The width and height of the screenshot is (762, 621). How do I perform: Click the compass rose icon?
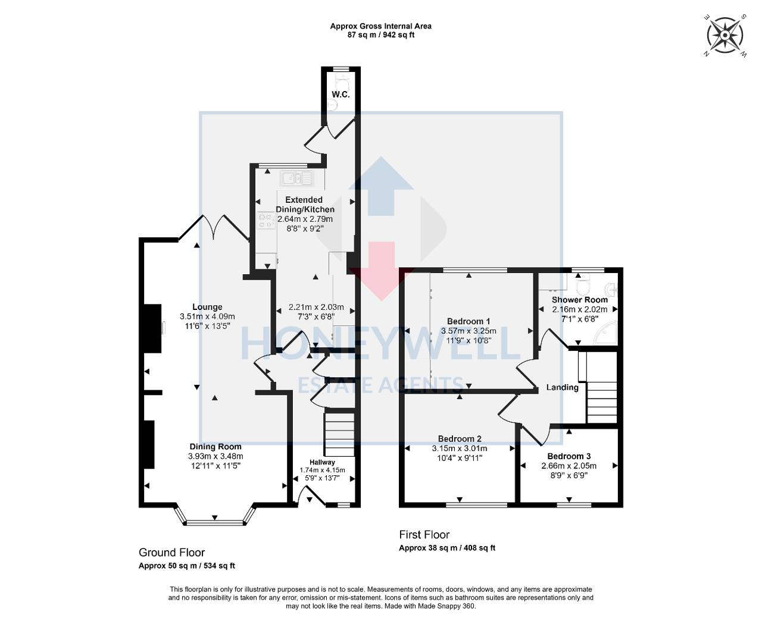click(724, 36)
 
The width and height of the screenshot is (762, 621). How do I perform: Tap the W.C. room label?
click(341, 95)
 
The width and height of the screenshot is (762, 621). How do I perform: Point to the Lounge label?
click(207, 308)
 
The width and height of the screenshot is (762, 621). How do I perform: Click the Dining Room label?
click(216, 447)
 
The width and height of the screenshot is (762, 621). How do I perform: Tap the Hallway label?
click(322, 462)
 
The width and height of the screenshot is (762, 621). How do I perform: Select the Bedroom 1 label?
click(469, 321)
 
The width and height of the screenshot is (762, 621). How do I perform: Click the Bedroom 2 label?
click(460, 439)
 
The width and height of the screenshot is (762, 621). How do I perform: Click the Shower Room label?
click(579, 300)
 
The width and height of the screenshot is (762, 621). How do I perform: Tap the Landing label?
click(563, 387)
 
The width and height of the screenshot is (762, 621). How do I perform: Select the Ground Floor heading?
click(171, 553)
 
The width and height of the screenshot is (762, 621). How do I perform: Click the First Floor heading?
click(424, 535)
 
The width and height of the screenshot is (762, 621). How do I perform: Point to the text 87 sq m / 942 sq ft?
click(381, 34)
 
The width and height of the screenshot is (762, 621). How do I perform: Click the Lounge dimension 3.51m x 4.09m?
click(207, 316)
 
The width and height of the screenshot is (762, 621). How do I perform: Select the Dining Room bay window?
click(216, 520)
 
